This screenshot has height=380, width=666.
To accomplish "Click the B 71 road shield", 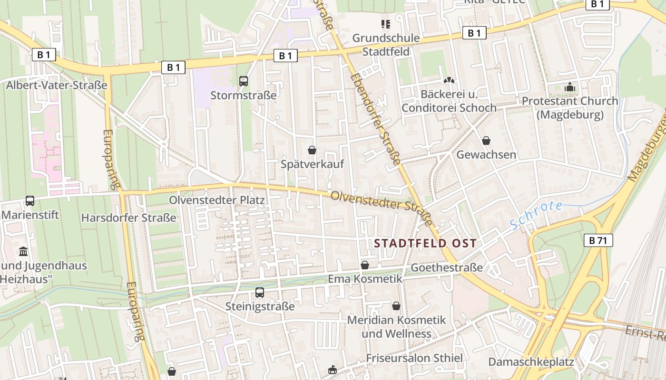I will (598, 240).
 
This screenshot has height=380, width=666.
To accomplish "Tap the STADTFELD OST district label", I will (425, 244).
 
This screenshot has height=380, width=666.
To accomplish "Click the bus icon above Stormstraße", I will (244, 81).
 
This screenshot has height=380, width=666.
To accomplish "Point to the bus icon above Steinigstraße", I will (259, 293).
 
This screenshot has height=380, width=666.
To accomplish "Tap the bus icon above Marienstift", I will (30, 201).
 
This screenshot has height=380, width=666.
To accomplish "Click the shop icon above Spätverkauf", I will (312, 151).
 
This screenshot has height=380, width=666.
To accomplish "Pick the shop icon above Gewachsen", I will (486, 141).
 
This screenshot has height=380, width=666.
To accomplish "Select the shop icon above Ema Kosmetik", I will (365, 265).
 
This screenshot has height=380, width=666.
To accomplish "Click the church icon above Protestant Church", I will (569, 87).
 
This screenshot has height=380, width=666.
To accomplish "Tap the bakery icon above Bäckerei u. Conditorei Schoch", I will (449, 81).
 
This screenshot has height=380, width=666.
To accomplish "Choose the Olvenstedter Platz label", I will (217, 200).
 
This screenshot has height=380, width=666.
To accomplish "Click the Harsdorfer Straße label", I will (128, 218).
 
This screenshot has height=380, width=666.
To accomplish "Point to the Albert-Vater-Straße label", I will (57, 85).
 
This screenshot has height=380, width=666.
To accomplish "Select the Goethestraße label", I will (447, 267).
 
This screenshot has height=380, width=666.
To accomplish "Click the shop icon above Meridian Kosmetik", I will (396, 306).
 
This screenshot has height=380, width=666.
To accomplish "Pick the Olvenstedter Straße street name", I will (382, 208).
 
